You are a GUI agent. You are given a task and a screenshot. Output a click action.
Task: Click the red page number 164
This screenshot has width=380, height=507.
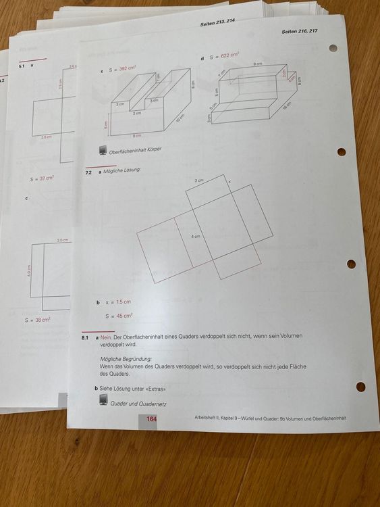[x=152, y=420]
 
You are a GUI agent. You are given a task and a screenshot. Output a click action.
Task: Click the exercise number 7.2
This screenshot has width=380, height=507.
[x=88, y=172]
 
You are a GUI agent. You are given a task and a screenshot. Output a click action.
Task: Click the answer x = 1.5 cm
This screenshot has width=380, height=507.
[x=117, y=302]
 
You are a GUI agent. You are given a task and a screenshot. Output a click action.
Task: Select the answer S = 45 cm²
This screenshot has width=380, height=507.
[x=119, y=316]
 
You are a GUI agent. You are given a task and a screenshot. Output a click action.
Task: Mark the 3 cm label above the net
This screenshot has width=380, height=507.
[x=199, y=181]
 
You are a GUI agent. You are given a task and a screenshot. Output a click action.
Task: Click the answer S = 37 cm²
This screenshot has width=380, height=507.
[x=42, y=179]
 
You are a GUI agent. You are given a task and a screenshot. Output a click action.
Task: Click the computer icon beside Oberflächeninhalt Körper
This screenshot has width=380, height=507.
[x=103, y=151]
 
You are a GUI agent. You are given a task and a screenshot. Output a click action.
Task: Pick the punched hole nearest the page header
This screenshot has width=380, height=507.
[x=333, y=49]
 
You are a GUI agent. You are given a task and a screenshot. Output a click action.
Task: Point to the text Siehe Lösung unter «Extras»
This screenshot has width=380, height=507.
[x=132, y=389]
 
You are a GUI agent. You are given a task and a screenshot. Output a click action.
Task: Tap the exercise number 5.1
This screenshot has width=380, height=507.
[x=22, y=66]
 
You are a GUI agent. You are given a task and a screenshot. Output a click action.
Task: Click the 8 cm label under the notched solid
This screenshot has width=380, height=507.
[x=137, y=136]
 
